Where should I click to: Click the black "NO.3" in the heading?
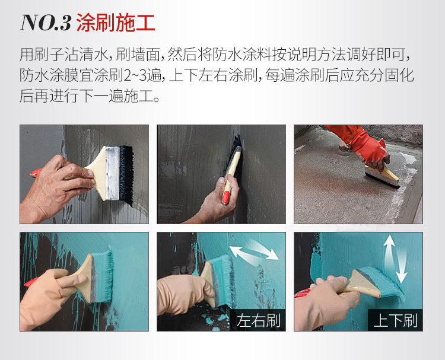tap(46, 23)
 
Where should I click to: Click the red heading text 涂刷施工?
tap(116, 23)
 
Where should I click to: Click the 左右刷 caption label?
tap(258, 321)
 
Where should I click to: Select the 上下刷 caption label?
tap(395, 321)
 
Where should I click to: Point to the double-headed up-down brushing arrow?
tap(395, 260)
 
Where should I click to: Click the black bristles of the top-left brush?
tap(126, 174)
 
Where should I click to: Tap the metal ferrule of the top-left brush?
tap(113, 173)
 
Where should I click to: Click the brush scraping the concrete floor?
tap(382, 176)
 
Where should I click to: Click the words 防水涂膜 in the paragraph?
tap(49, 75)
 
